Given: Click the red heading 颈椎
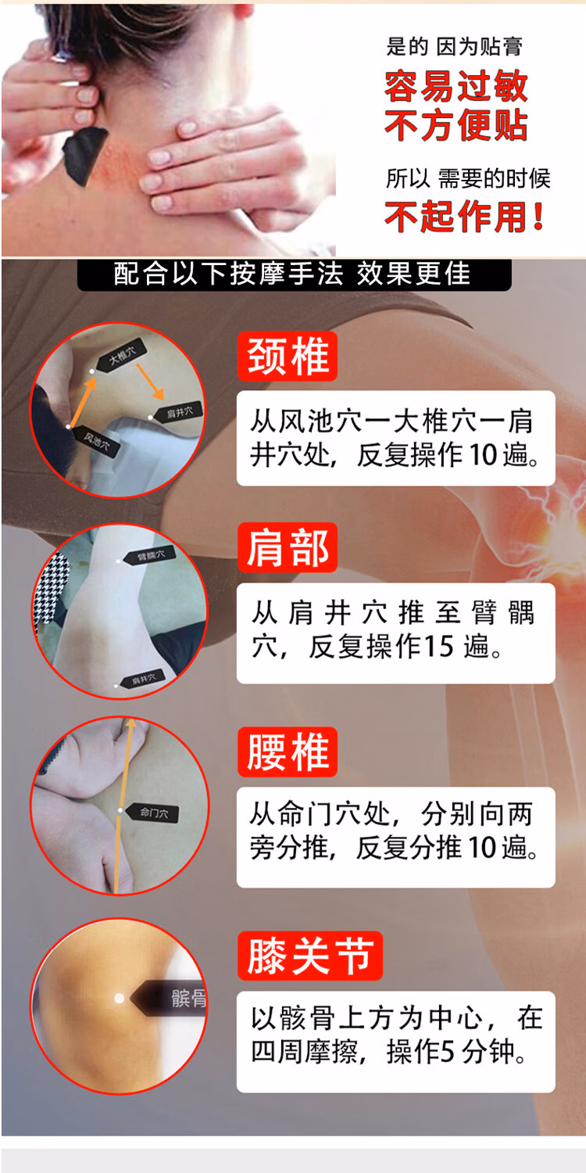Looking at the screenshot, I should click(287, 357).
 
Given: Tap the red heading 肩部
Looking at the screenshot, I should click(287, 547).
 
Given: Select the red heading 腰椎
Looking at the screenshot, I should click(287, 752).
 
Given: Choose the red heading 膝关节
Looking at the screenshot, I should click(310, 956).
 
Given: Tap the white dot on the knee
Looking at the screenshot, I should click(119, 998).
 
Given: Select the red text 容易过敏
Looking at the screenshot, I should click(456, 88).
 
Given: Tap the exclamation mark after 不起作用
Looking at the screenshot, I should click(538, 217).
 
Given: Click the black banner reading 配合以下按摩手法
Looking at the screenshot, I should click(293, 274).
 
